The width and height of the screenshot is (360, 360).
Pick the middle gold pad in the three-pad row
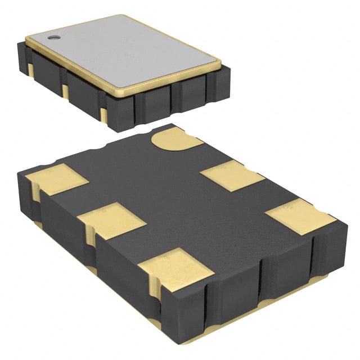point(111,220)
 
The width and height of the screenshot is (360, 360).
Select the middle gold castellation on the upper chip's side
point(66,91)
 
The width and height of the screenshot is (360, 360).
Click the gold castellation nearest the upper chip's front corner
point(102,114)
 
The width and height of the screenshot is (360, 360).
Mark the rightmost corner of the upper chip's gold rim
point(220,61)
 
